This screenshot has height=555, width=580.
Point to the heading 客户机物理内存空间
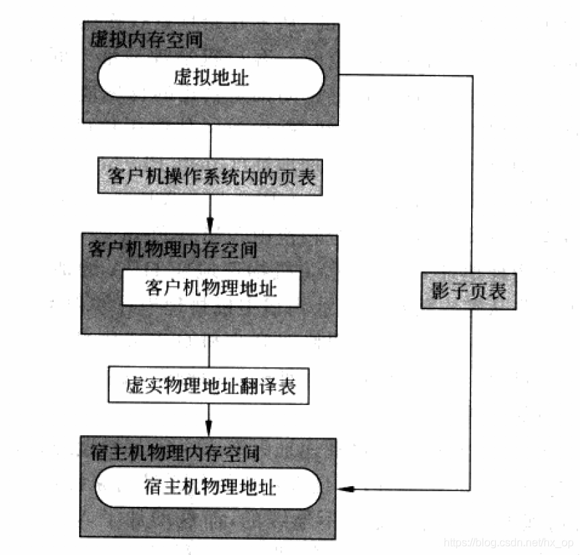click(173, 249)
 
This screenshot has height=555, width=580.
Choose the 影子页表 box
click(469, 291)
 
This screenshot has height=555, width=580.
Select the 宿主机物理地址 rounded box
click(209, 488)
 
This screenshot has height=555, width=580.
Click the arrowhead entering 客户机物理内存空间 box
click(210, 226)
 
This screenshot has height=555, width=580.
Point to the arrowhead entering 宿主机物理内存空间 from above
click(210, 428)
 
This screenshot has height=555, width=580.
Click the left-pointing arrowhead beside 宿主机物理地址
click(351, 489)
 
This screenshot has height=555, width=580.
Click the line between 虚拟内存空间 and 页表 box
click(210, 140)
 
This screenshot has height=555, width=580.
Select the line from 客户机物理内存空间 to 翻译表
click(210, 351)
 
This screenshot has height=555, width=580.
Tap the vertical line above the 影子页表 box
click(472, 172)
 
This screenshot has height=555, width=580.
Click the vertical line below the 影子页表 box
click(472, 399)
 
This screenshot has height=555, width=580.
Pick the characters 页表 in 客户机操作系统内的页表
click(299, 177)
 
